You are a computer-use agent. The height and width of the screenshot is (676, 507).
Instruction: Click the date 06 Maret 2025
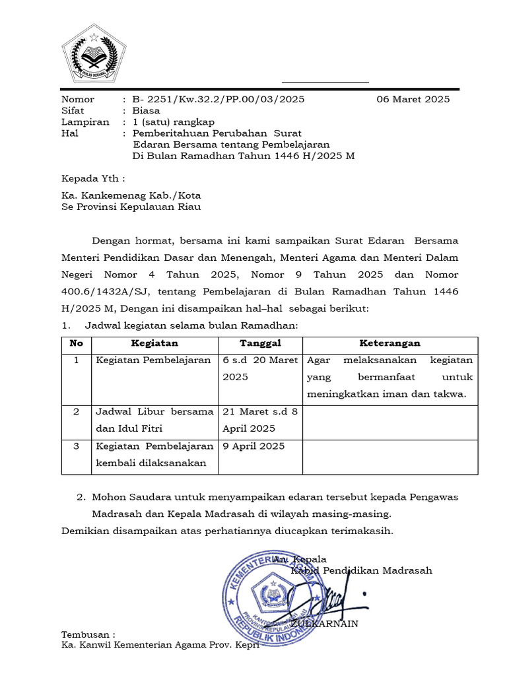tap(413, 100)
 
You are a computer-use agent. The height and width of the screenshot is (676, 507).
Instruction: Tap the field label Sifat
tap(73, 111)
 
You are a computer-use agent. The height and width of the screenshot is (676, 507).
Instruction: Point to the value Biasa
tap(147, 111)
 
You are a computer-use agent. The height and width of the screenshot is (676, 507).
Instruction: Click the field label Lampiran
tap(85, 122)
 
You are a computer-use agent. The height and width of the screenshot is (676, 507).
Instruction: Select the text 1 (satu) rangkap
tap(174, 122)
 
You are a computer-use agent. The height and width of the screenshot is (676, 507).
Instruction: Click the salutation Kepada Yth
tap(93, 179)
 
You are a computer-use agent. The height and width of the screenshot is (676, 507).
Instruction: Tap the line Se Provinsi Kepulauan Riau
tap(131, 207)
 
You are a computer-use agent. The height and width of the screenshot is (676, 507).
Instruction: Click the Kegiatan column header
tap(154, 344)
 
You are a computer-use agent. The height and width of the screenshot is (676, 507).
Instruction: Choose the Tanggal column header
tap(260, 344)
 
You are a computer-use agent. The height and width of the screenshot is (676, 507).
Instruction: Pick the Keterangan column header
tap(389, 344)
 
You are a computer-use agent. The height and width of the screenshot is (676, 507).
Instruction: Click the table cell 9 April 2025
tap(254, 446)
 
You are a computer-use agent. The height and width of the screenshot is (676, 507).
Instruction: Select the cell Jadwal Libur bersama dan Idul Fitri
tap(154, 420)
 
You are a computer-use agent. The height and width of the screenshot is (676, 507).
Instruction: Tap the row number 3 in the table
tap(77, 446)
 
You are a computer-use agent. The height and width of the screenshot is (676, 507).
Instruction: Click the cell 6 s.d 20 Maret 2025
tap(260, 368)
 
